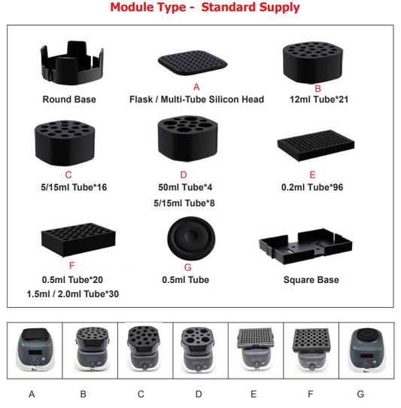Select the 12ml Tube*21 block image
[x=313, y=62]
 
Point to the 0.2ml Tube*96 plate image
[x=316, y=145]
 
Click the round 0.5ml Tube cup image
[x=191, y=239]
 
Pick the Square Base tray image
[x=305, y=247]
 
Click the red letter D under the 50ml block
[x=184, y=175]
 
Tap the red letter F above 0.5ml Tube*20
[x=71, y=266]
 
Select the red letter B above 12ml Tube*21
[x=317, y=89]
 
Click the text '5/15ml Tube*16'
[x=74, y=187]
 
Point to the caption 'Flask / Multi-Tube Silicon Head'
[x=196, y=99]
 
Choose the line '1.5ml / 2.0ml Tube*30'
[x=73, y=294]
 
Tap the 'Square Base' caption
[x=311, y=280]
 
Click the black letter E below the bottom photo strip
[x=254, y=394]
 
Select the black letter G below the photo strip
[x=360, y=394]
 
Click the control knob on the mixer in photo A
[x=35, y=362]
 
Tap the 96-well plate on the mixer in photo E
[x=255, y=338]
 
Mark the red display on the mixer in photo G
[x=366, y=356]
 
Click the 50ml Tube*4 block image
[x=188, y=139]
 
